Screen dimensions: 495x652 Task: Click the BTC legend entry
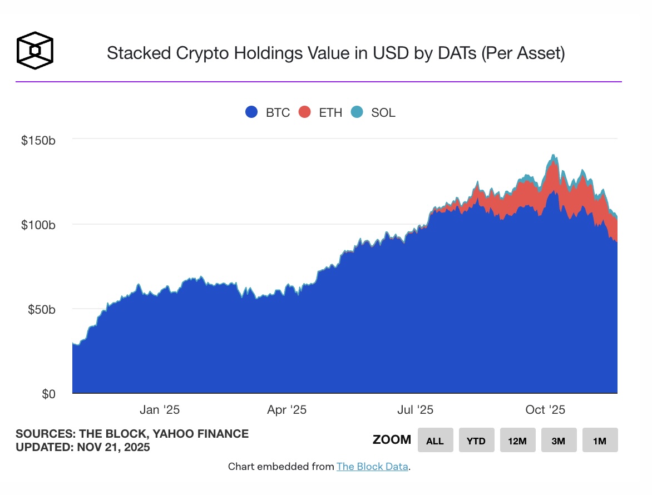pos(268,112)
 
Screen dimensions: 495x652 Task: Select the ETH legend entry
pos(320,112)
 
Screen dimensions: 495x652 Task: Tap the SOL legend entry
pos(373,112)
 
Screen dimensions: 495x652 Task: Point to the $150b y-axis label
pos(38,141)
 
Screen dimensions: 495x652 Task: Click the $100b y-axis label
pos(38,225)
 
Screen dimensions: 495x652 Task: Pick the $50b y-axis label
pos(41,309)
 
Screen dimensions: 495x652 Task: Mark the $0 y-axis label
pos(48,394)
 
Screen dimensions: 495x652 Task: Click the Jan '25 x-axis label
pos(160,410)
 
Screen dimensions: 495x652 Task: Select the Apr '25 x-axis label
pos(287,410)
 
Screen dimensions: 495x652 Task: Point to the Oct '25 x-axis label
pos(545,410)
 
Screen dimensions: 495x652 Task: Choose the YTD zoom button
pos(476,440)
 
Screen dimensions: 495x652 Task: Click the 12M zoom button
pos(517,440)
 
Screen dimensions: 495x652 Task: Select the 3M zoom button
pos(559,440)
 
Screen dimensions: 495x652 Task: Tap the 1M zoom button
pos(600,440)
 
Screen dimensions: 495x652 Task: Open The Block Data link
pos(372,467)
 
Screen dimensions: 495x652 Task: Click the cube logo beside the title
pos(35,50)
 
